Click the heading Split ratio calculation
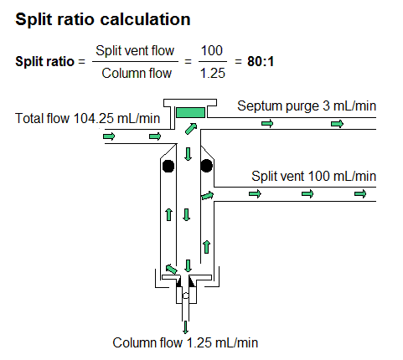coord(102,18)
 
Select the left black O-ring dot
coord(168,165)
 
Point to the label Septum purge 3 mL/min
coord(307,106)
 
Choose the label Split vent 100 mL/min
coord(314,176)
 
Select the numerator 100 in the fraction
coord(212,52)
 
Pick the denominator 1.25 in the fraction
coord(212,74)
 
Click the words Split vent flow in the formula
coord(135,52)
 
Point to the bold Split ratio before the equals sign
coord(43,62)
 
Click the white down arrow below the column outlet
coord(186,325)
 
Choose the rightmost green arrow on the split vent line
coord(360,194)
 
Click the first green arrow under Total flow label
coord(109,136)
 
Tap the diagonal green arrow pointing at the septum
coord(193,128)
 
